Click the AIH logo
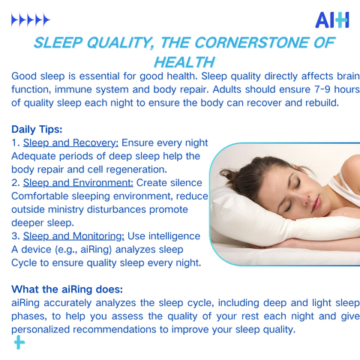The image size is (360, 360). pos(332,20)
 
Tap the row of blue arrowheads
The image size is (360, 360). pos(31,20)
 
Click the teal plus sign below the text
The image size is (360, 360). pos(19,343)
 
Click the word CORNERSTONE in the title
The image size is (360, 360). pos(252,43)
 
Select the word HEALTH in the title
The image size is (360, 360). pos(184,62)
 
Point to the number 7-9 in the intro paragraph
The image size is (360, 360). pos(320,89)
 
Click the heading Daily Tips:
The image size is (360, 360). pos(37,129)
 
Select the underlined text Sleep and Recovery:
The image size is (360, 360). pos(70,142)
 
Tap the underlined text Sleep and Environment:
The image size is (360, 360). pos(78,183)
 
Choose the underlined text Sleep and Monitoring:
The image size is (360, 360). pos(73,236)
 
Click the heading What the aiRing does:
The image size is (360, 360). pos(67,289)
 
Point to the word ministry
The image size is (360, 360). pos(66,209)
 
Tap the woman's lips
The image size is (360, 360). pos(316,204)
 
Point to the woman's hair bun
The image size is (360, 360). pos(229,174)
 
